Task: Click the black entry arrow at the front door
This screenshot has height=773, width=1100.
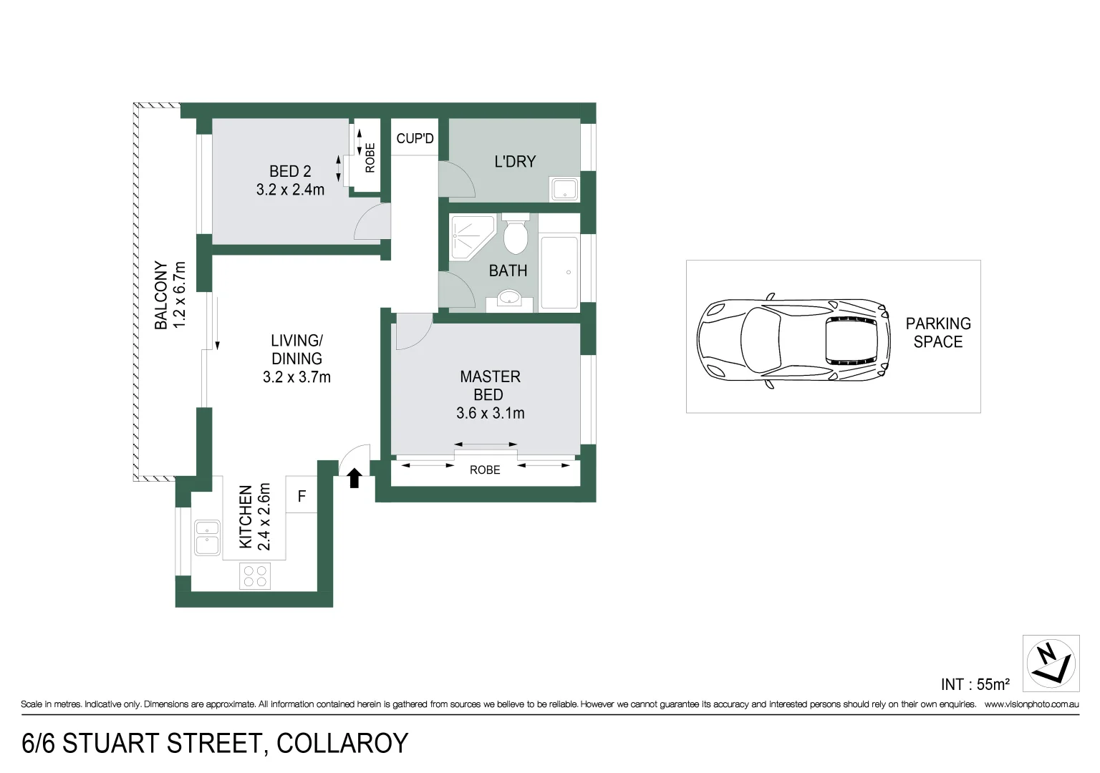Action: tap(354, 478)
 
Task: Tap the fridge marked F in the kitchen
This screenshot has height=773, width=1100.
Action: tap(301, 495)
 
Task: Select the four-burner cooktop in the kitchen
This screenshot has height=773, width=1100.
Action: tap(254, 576)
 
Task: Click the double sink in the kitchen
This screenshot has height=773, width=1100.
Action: tap(207, 538)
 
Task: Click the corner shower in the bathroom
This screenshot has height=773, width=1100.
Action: tap(471, 236)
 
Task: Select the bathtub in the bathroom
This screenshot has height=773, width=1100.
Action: tap(559, 272)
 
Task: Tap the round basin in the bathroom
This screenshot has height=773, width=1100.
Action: tap(509, 298)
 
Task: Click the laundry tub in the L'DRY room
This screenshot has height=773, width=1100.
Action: tap(564, 190)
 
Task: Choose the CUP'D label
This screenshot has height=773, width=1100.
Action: tap(415, 138)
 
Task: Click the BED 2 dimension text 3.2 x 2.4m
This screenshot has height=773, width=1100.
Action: tap(290, 190)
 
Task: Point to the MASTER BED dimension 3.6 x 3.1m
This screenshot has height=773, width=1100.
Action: tap(490, 413)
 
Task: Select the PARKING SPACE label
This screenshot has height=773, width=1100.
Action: tap(938, 333)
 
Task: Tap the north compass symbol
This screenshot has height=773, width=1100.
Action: tap(1051, 663)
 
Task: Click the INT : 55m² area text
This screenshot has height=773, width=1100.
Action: tap(975, 684)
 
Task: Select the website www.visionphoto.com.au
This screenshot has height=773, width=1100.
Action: tap(1031, 704)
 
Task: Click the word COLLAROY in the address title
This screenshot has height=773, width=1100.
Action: tap(342, 744)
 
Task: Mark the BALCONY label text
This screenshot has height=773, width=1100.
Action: tap(161, 295)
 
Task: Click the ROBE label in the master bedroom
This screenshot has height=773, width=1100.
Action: tap(485, 470)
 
